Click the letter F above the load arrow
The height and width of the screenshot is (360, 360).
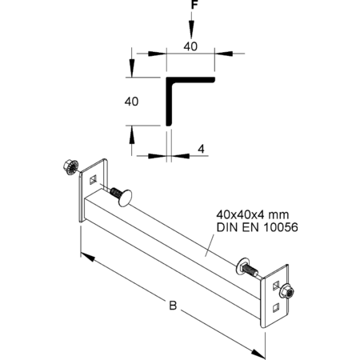[x=194, y=5]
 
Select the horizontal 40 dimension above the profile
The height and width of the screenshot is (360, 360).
[x=190, y=46]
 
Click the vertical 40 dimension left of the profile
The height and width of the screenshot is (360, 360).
[x=131, y=102]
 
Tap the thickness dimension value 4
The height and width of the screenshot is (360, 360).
[x=201, y=149]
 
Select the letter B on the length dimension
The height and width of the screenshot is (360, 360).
[x=173, y=306]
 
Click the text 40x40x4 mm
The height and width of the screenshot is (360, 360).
[x=253, y=214]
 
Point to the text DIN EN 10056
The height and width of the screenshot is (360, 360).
[x=257, y=227]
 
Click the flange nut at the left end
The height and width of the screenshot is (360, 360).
[x=70, y=167]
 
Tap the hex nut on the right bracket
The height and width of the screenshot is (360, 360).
[x=287, y=292]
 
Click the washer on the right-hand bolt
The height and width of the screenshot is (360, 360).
[x=240, y=266]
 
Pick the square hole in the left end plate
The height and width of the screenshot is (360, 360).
[x=93, y=180]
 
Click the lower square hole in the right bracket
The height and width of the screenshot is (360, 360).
[x=276, y=308]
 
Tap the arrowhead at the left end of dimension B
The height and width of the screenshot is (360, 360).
[x=87, y=257]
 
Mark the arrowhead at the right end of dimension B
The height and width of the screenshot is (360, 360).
[x=258, y=353]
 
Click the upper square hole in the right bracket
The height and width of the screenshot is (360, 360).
[x=276, y=286]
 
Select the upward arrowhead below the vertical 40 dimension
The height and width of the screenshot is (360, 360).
[x=131, y=135]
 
